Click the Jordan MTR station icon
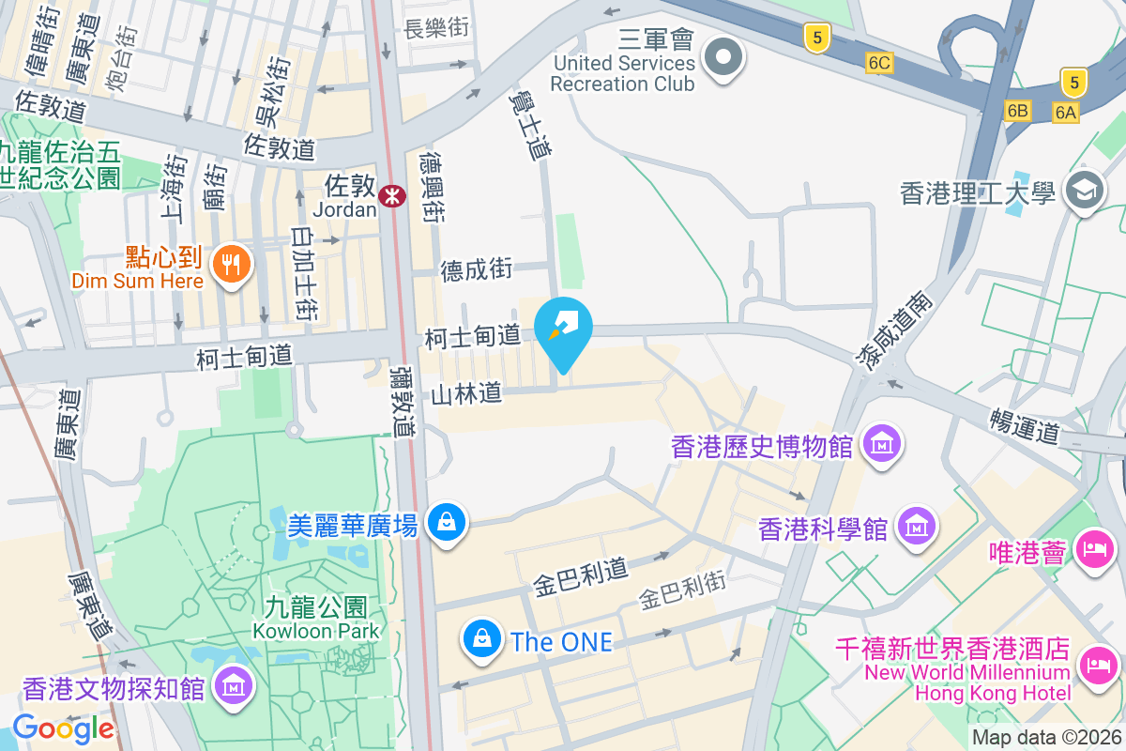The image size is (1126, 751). click(392, 195)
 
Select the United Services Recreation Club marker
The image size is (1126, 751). click(723, 57)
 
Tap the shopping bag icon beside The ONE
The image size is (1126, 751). click(481, 640)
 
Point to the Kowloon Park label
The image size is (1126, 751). click(315, 619)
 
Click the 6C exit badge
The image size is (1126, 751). click(879, 63)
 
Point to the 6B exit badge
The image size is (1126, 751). click(1018, 111)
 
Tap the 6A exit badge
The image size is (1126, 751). click(1066, 112)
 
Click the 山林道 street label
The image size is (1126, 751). click(466, 394)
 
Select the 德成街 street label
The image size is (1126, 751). click(477, 270)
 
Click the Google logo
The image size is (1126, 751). click(63, 728)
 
